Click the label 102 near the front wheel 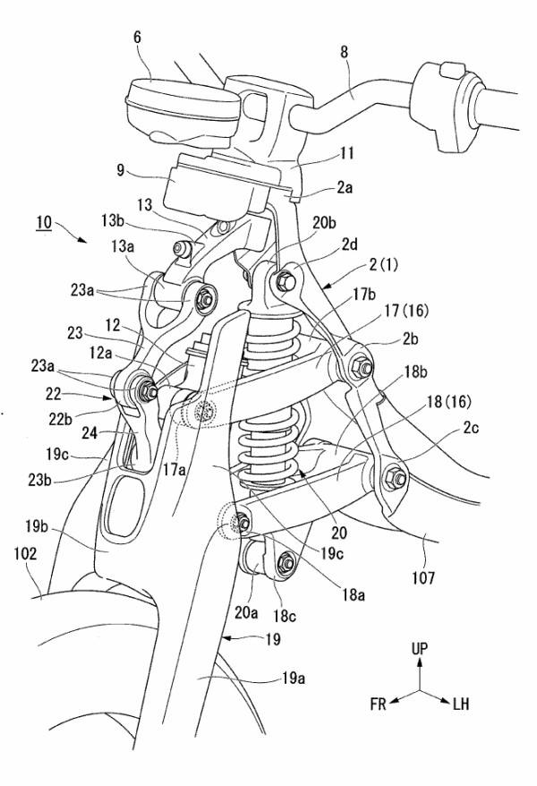pos(25,555)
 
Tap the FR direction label pos(378,705)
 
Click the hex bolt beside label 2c pos(396,480)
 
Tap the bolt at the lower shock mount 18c pos(286,562)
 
